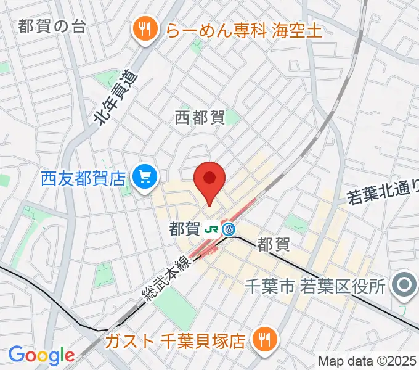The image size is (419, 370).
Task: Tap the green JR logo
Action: point(212,230)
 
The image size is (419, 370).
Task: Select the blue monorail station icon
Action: point(229,230)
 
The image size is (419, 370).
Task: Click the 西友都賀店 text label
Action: point(84,179)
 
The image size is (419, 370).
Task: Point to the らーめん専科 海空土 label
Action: point(242,30)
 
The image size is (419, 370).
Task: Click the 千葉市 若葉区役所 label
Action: point(315,286)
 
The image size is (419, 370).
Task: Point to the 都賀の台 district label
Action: point(52,26)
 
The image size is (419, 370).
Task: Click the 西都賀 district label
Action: point(199,117)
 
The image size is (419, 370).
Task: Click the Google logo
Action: point(41,355)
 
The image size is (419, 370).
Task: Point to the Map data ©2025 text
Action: point(367,360)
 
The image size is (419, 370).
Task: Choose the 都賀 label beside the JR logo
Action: point(185,230)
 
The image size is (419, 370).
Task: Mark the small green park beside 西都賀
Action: point(233,117)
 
